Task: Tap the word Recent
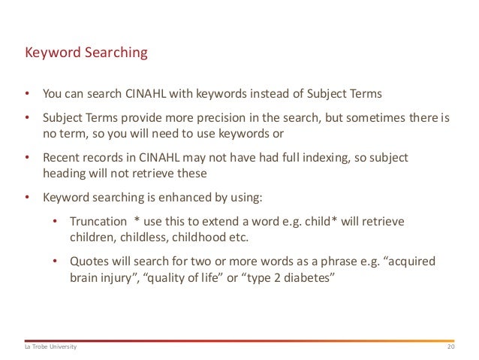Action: click(60, 159)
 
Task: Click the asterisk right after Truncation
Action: click(137, 222)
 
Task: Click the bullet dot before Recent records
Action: click(27, 159)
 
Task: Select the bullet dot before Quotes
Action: click(56, 262)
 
